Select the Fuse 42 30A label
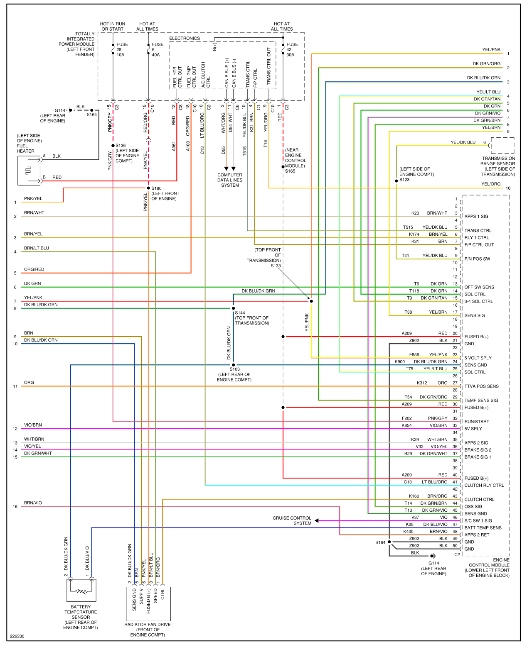pyautogui.click(x=292, y=49)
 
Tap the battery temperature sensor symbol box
pyautogui.click(x=81, y=590)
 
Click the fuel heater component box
pyautogui.click(x=29, y=170)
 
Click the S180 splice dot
pyautogui.click(x=148, y=188)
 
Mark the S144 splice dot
pyautogui.click(x=234, y=308)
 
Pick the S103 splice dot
pyautogui.click(x=234, y=365)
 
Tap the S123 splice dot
pyautogui.click(x=396, y=181)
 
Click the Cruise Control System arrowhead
pyautogui.click(x=317, y=520)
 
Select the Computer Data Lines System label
pyautogui.click(x=230, y=180)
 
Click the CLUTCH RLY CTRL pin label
pyautogui.click(x=484, y=485)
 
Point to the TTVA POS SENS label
pyautogui.click(x=481, y=386)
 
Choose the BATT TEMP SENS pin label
pyautogui.click(x=483, y=528)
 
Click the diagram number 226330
pyautogui.click(x=17, y=636)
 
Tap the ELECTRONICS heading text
pyautogui.click(x=185, y=38)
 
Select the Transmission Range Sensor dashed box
pyautogui.click(x=502, y=146)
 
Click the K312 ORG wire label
pyautogui.click(x=432, y=383)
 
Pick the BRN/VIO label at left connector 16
pyautogui.click(x=33, y=503)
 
